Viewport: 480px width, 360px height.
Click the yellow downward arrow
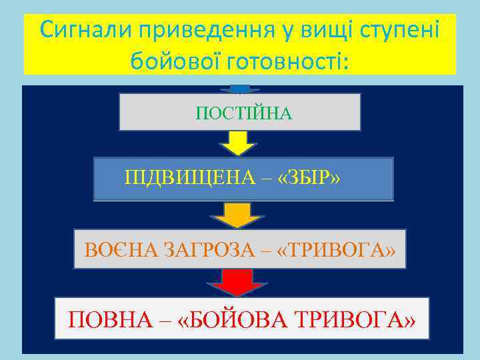[239, 143]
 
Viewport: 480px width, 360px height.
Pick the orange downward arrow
[239, 215]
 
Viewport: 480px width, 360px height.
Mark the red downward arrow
[239, 282]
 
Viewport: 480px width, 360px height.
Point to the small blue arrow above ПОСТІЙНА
[240, 89]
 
